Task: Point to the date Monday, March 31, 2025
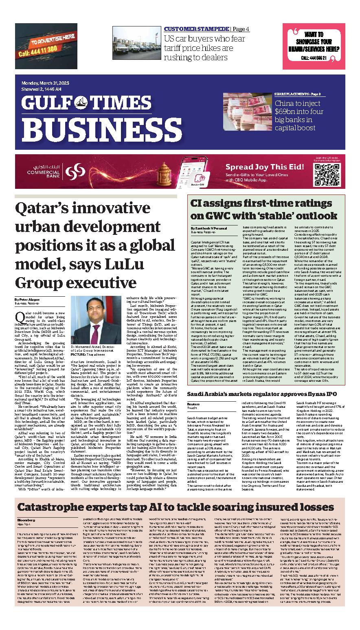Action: pos(45,83)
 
